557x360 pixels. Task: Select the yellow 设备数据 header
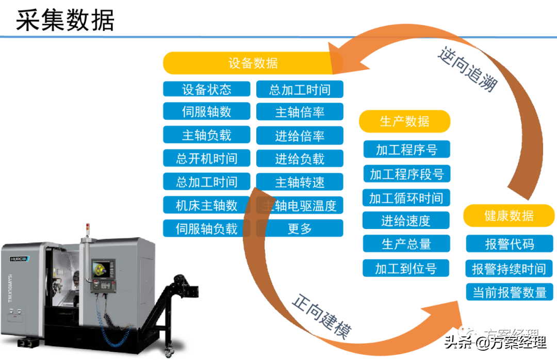(253, 63)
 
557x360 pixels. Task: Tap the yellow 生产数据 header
(404, 121)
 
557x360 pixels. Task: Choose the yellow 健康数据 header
(509, 216)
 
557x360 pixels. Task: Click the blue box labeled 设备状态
(206, 89)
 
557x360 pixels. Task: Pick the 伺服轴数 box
(206, 111)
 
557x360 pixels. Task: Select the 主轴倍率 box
(300, 112)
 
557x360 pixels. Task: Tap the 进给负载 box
(300, 158)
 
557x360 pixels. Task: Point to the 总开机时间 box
(206, 158)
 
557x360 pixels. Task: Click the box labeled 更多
(300, 228)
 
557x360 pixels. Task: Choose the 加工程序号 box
(406, 150)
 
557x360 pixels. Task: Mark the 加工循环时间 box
(406, 198)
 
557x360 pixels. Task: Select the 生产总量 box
(406, 244)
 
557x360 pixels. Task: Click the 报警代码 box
(509, 244)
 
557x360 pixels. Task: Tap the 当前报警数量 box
(509, 292)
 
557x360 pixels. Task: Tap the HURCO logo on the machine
(20, 258)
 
